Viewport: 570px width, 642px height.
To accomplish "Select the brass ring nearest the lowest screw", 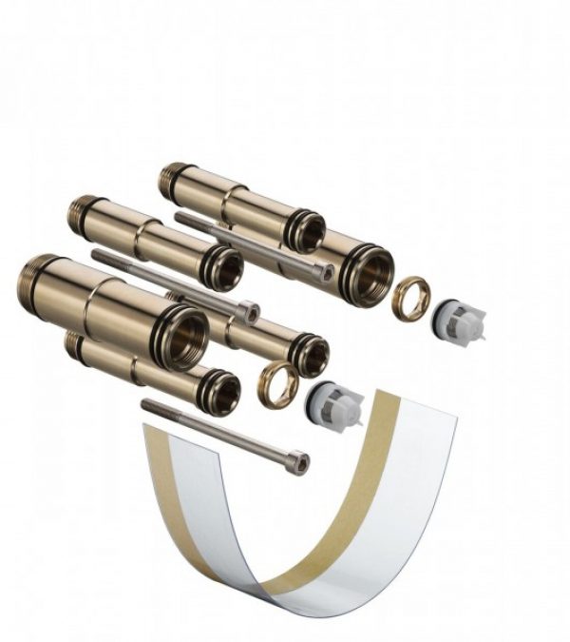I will [278, 384].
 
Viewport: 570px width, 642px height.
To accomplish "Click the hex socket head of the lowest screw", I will [297, 462].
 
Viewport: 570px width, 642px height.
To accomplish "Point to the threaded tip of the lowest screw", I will [148, 406].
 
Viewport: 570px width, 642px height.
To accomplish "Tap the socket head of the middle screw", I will [248, 310].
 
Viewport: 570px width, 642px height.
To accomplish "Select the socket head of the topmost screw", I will [325, 273].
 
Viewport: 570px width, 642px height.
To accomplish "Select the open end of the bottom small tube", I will [222, 392].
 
